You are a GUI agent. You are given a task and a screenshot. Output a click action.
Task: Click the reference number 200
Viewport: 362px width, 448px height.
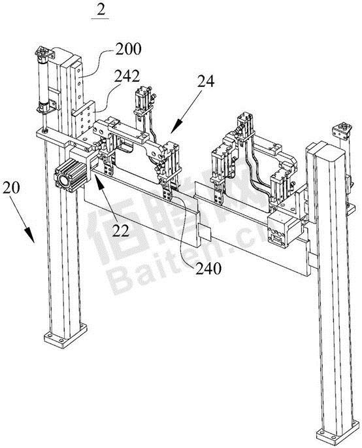click(x=128, y=49)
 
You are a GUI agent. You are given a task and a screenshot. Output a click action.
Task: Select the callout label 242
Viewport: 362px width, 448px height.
click(x=127, y=77)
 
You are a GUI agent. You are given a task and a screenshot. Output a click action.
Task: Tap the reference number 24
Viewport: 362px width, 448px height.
click(x=206, y=82)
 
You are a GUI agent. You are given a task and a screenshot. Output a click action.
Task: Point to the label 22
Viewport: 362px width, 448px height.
click(x=121, y=231)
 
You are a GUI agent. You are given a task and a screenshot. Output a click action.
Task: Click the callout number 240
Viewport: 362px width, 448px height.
click(x=208, y=268)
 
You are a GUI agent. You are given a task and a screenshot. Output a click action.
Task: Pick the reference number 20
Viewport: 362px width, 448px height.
click(x=11, y=188)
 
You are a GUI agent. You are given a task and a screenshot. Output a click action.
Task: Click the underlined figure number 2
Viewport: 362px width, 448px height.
click(x=101, y=10)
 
